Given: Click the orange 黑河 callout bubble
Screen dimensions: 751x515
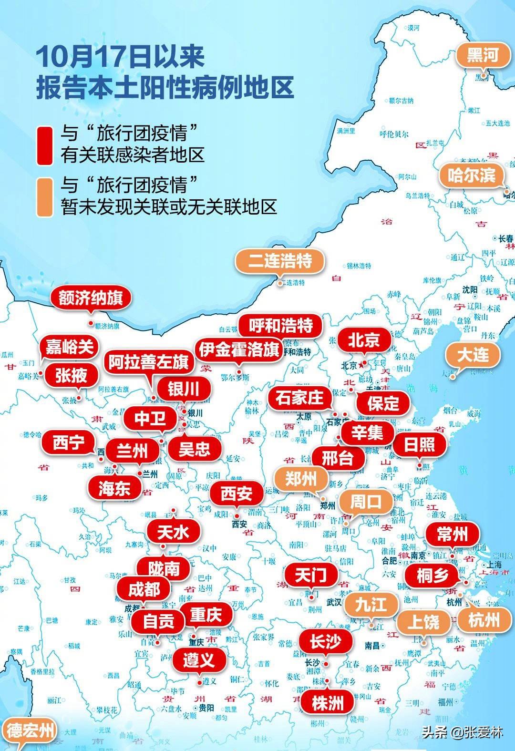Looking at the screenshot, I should [483, 55].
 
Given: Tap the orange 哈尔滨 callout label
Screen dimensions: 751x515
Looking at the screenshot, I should [472, 175].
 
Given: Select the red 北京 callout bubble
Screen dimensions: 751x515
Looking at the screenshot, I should [363, 340].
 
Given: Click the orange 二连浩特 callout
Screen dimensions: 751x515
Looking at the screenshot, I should [280, 261].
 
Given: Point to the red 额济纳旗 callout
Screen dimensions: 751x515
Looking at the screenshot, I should [91, 298].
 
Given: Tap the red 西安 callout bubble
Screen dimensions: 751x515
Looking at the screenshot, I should [236, 494].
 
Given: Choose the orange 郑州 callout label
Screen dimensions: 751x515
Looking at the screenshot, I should [300, 478].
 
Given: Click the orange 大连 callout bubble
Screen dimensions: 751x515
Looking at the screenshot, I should [473, 355].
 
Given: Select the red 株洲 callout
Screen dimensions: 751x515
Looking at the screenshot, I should [328, 702].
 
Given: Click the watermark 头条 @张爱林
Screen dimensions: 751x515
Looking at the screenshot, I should [462, 732].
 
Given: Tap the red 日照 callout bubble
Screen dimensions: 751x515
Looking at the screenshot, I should [419, 444].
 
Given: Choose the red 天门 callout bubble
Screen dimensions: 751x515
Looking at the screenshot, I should [310, 575].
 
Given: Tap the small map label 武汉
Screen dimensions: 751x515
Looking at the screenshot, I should [333, 602].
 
